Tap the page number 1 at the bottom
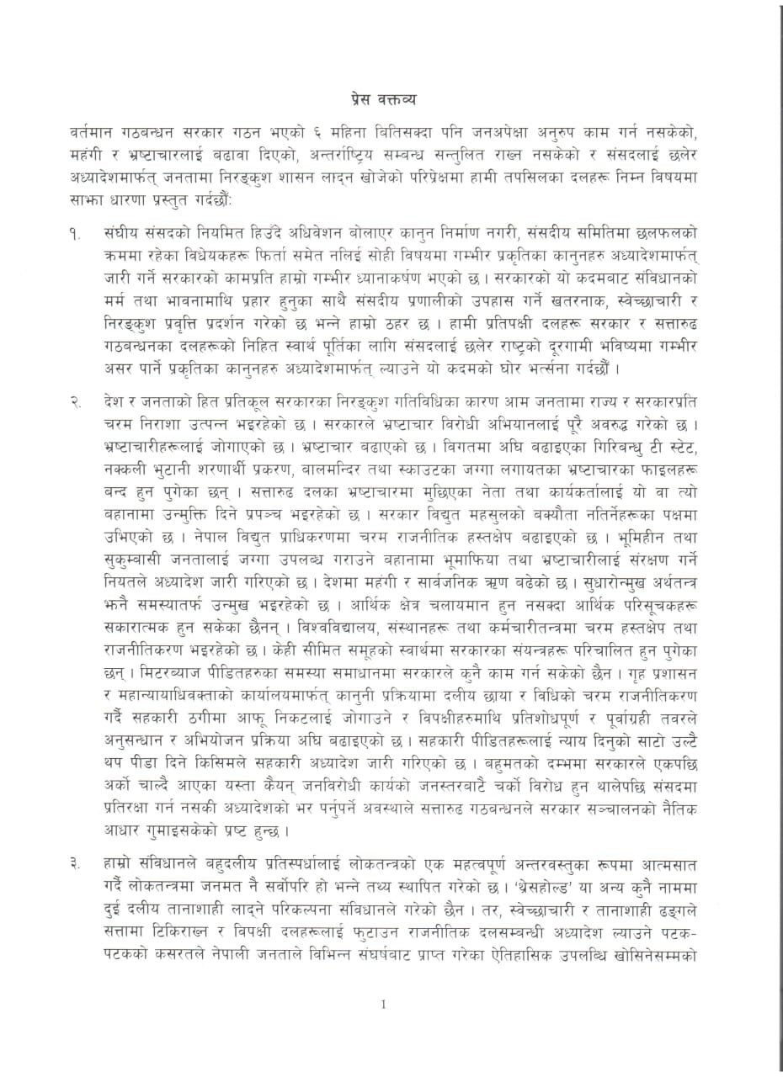(383, 1003)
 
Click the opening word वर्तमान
(96, 134)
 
